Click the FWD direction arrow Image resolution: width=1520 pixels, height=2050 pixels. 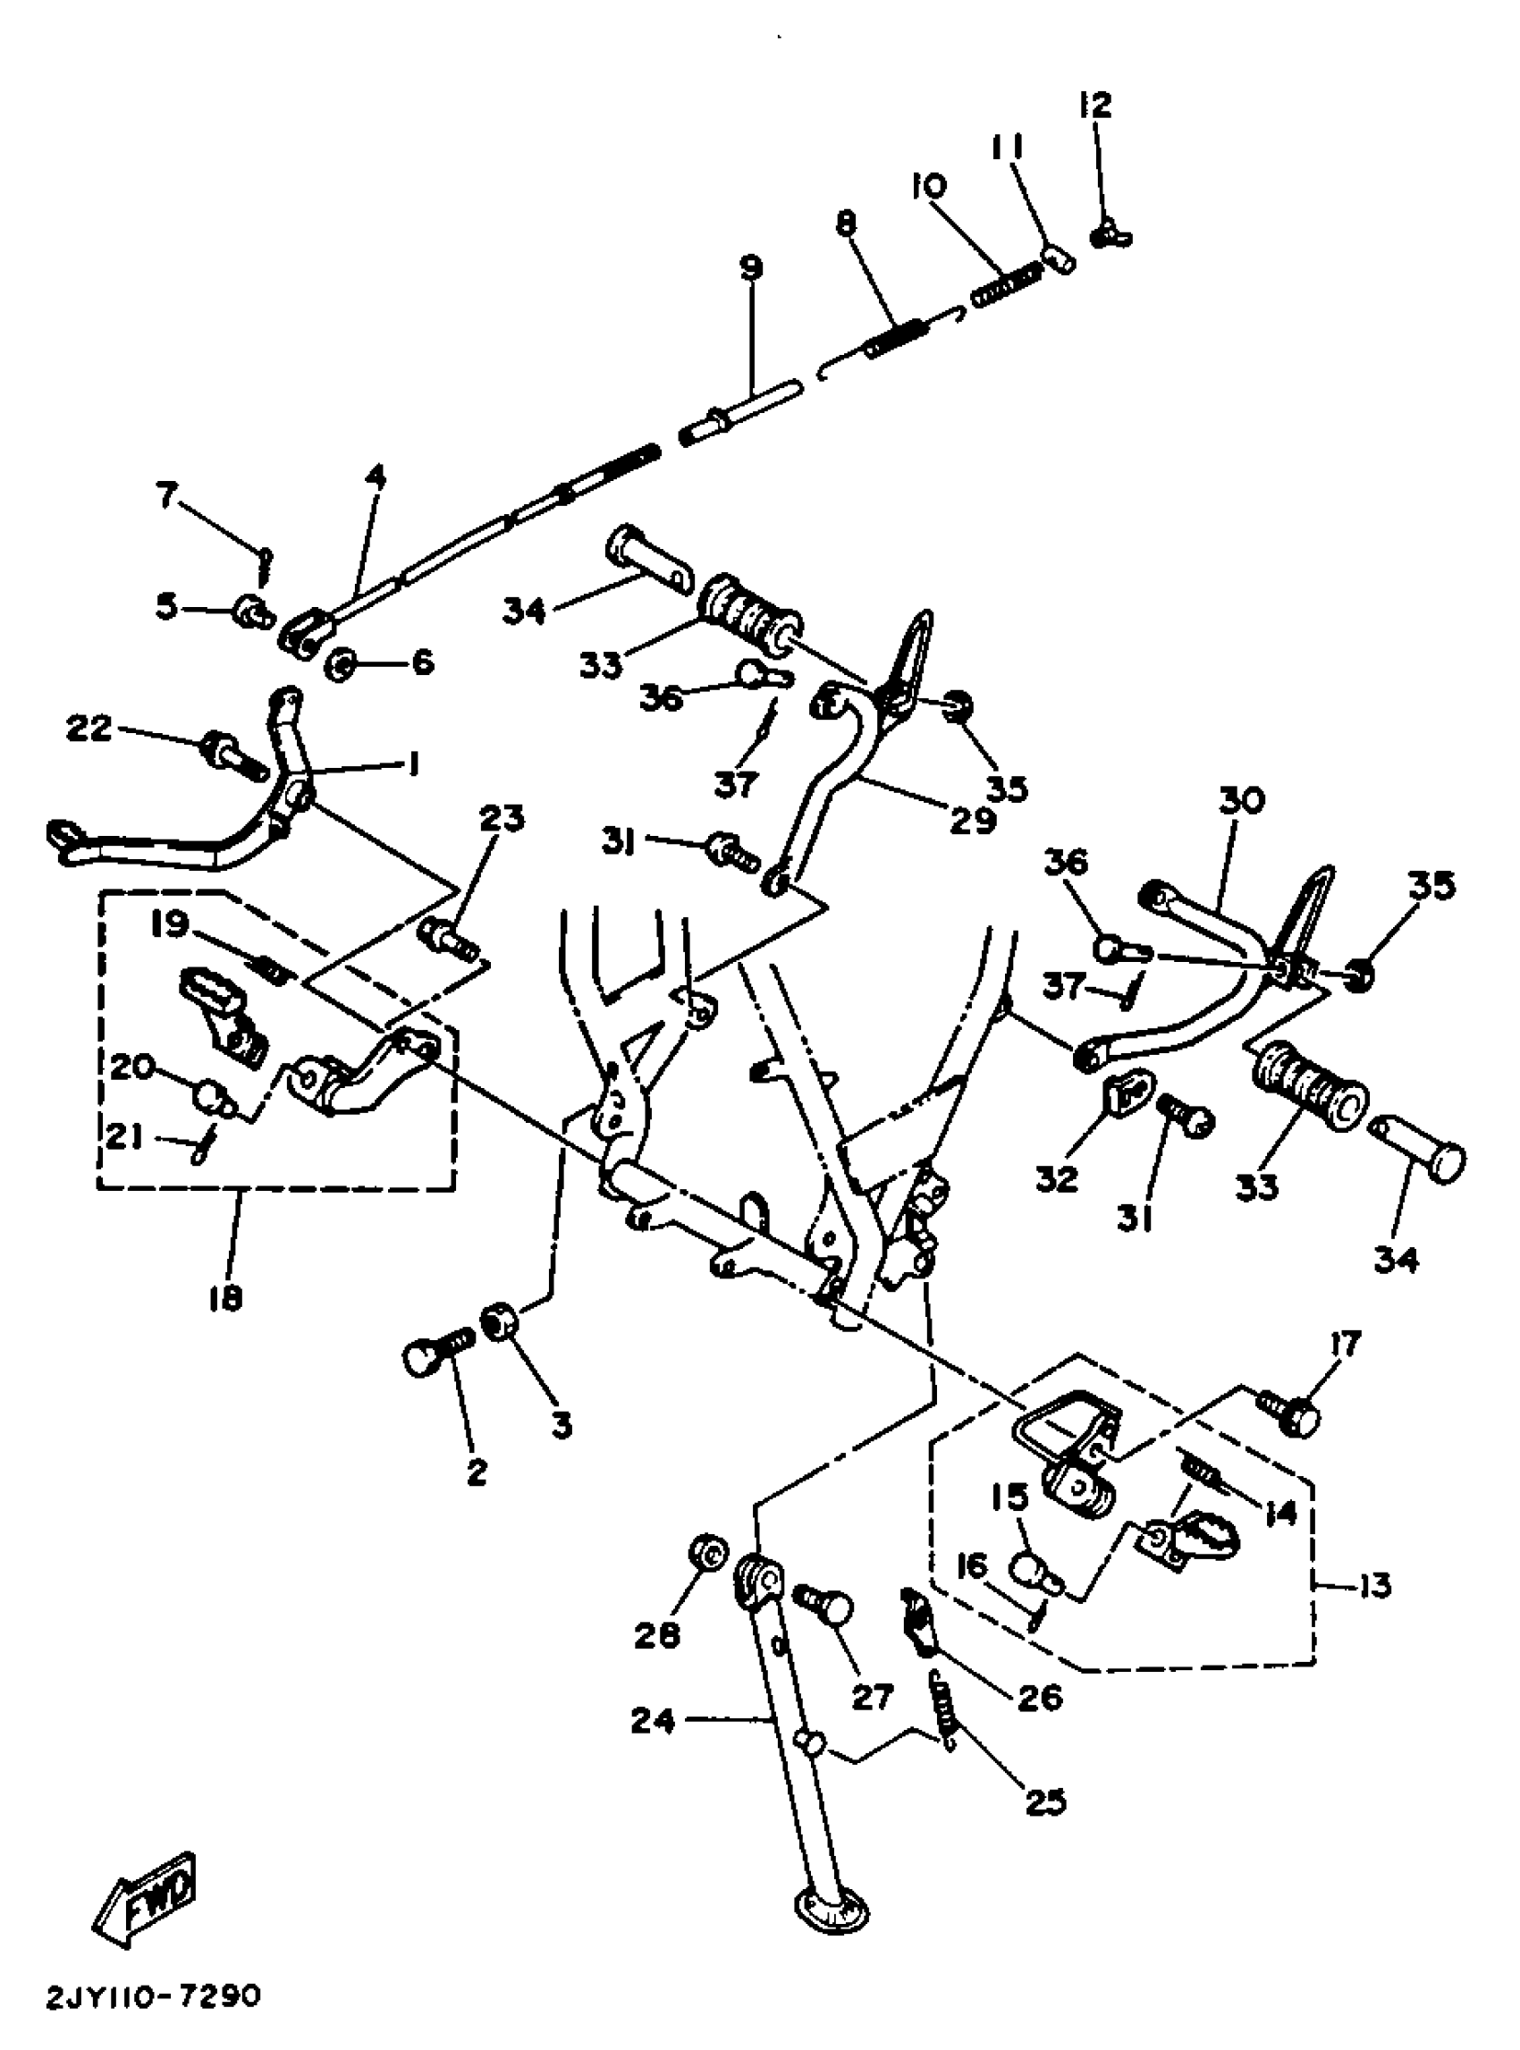tap(146, 1899)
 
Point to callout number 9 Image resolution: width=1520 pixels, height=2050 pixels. tap(751, 267)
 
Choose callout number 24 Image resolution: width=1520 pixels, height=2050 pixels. tap(653, 1721)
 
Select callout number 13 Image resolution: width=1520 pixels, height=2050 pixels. tap(1373, 1586)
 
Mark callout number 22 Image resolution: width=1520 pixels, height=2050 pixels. tap(89, 729)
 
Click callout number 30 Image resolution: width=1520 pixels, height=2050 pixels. tap(1242, 800)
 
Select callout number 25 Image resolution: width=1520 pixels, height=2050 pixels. tap(1047, 1801)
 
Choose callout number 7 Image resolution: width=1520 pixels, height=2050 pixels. tap(166, 497)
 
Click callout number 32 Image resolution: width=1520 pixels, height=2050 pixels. tap(1055, 1177)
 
